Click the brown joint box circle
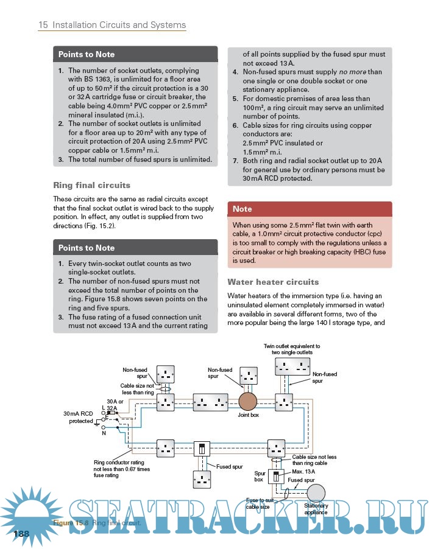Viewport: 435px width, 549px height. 249,402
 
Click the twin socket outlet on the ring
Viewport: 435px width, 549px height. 211,402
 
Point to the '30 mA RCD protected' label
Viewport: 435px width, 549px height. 79,417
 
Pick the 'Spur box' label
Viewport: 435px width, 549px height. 259,475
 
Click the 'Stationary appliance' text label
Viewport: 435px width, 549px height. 316,509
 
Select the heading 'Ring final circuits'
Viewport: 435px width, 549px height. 91,185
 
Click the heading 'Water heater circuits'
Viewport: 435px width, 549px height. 273,282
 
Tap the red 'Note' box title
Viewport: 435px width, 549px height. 242,209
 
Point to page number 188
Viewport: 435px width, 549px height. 21,533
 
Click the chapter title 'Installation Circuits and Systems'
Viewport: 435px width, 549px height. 119,25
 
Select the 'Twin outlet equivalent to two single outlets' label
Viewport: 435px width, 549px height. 292,349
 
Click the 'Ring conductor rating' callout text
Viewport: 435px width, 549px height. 122,469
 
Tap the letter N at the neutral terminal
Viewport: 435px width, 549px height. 104,433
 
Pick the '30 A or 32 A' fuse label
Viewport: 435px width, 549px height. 112,405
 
